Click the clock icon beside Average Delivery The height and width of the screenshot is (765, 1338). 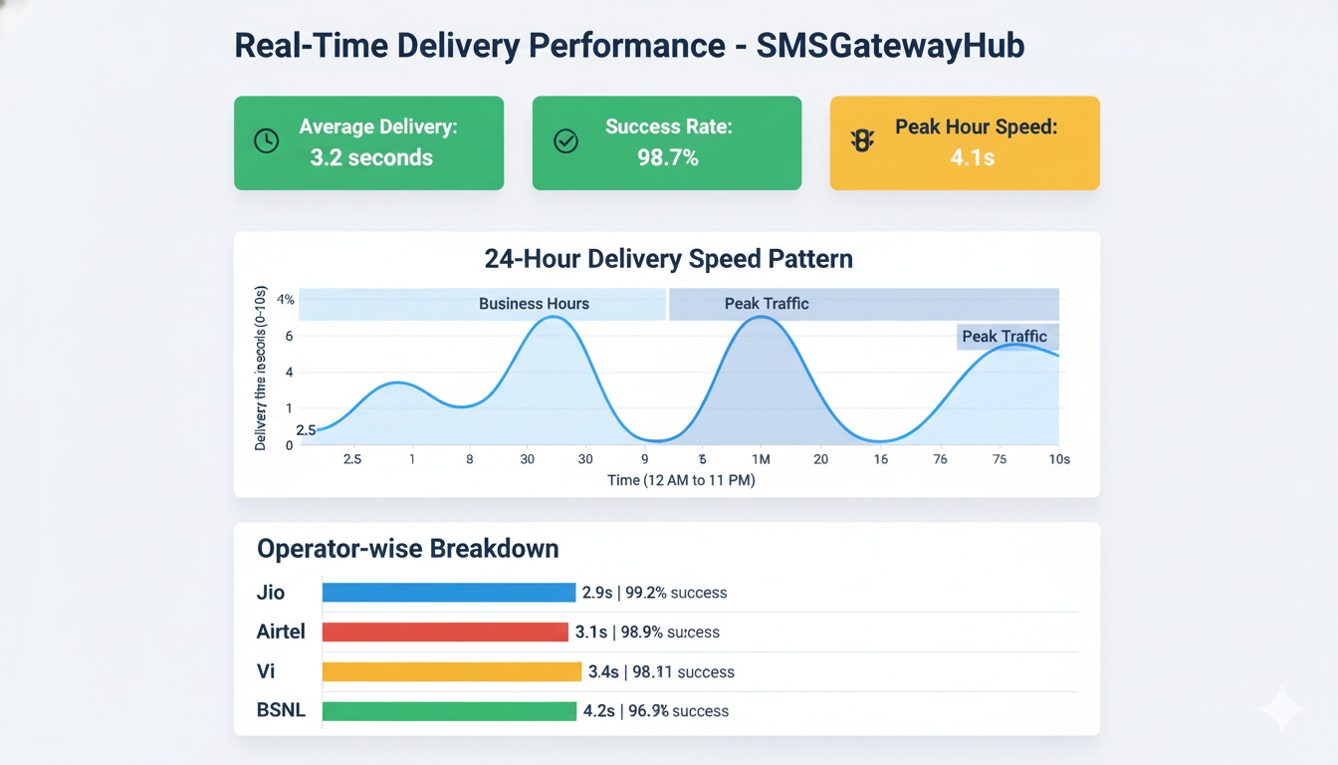pos(266,141)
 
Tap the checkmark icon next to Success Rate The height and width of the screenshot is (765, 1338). pos(565,141)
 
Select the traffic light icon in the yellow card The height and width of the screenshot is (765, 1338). pos(862,141)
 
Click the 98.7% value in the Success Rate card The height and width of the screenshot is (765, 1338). pos(668,157)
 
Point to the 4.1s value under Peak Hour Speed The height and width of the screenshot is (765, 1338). pos(972,157)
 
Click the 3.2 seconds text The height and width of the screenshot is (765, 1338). pos(371,157)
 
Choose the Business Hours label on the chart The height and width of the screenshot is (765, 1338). pos(534,304)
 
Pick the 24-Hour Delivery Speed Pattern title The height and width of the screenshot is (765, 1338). pos(668,259)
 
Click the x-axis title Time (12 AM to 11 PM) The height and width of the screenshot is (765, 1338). pos(681,480)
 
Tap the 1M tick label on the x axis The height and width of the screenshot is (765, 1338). pos(762,459)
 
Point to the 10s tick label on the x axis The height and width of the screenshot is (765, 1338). pos(1059,459)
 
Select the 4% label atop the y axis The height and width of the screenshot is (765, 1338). pos(286,300)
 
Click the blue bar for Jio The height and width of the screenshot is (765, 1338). pos(449,593)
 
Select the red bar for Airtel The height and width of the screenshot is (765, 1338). pos(445,632)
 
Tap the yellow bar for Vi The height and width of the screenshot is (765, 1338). pos(451,671)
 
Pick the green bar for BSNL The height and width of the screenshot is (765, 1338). pos(449,711)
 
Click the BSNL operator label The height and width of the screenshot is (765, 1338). pos(281,711)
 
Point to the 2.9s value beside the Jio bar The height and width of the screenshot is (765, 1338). pos(596,593)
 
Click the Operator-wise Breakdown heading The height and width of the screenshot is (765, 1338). pos(407,549)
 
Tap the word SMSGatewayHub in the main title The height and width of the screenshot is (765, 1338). pos(890,46)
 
